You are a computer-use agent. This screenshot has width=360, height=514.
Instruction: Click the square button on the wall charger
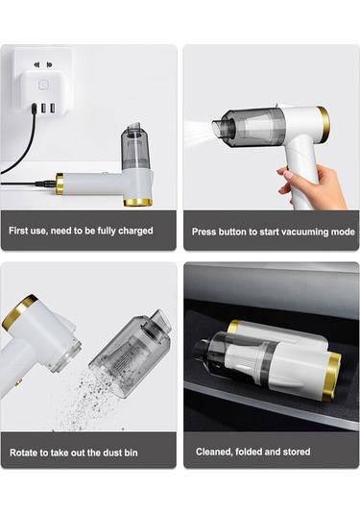coord(43,86)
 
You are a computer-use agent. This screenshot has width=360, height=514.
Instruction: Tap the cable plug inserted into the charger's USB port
coord(34,109)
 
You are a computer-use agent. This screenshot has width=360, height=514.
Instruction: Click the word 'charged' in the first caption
coord(135,231)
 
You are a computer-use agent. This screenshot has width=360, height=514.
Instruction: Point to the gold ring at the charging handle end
coord(60,184)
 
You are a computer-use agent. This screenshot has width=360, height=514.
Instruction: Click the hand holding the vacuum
coord(311,185)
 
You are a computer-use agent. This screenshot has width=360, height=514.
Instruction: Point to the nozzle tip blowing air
coord(219,129)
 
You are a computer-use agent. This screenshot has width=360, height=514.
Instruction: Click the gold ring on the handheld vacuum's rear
coord(324,125)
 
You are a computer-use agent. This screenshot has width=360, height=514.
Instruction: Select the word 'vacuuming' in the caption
coord(300,233)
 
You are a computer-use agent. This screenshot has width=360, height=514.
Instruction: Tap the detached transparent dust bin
coord(131,353)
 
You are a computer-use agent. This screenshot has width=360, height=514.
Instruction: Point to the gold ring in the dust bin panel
coord(19,310)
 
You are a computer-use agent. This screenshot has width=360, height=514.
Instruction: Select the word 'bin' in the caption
coord(131,453)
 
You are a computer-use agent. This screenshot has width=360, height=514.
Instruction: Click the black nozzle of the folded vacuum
coord(201,350)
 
